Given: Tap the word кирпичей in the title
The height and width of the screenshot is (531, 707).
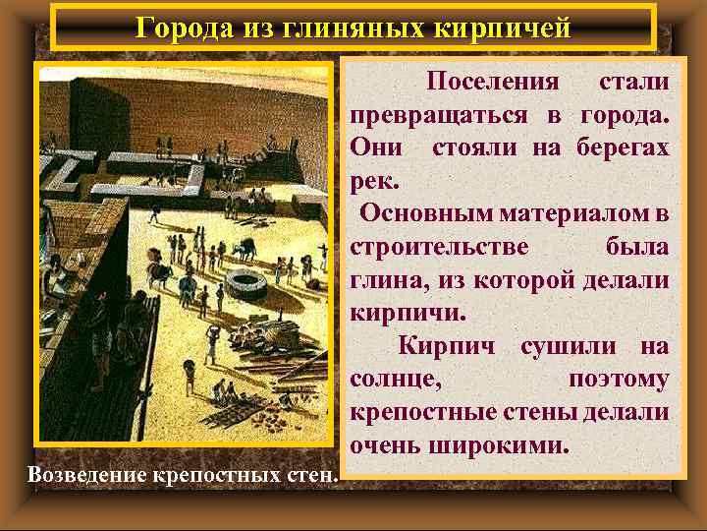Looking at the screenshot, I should pos(505,27).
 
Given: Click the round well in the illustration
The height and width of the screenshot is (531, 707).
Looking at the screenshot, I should pos(242,284).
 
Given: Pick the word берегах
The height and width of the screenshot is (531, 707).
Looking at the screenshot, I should pos(619,147).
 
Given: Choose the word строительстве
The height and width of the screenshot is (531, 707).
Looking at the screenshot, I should pos(438,247).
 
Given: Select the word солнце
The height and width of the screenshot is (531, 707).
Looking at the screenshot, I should pos(396,380).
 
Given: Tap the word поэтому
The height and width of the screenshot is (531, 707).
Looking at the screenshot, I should pos(618,380).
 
